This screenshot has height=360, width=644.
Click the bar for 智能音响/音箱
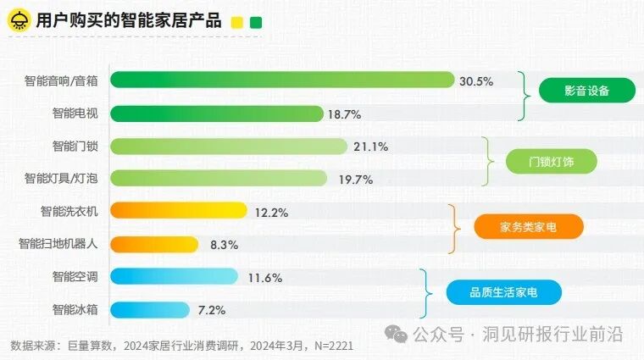[282, 80]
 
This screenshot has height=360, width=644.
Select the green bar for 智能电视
[217, 114]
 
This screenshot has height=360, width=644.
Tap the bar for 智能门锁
[229, 147]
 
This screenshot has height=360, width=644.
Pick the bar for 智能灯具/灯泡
[219, 178]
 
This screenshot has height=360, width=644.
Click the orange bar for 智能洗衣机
[179, 210]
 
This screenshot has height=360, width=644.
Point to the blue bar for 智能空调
[175, 276]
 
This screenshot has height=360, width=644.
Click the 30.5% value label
[476, 80]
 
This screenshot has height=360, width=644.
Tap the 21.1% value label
[370, 147]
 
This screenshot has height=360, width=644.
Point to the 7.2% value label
[212, 310]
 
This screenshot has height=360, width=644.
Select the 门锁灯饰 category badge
[552, 161]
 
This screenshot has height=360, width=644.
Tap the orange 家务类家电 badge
[529, 227]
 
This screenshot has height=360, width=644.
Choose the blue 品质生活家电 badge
[503, 292]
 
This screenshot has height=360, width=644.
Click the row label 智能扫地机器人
[58, 244]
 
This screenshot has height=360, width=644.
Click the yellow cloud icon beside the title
[16, 21]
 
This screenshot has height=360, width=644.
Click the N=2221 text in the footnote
[330, 346]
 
